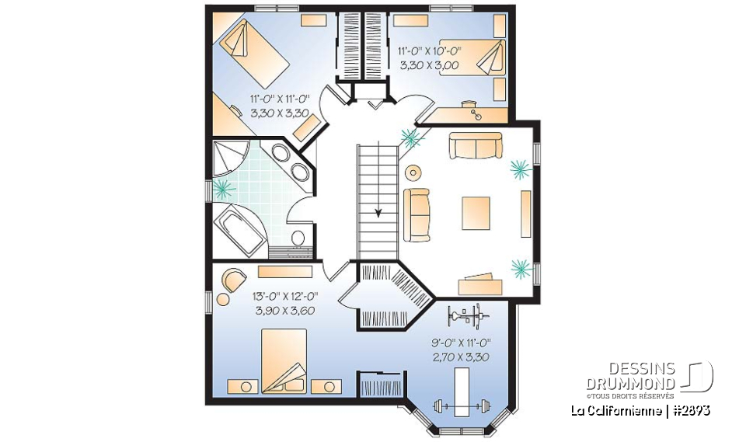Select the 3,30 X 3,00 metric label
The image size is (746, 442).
(x=430, y=66)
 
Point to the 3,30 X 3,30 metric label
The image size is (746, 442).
(x=280, y=113)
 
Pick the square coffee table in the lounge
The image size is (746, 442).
(x=476, y=213)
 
